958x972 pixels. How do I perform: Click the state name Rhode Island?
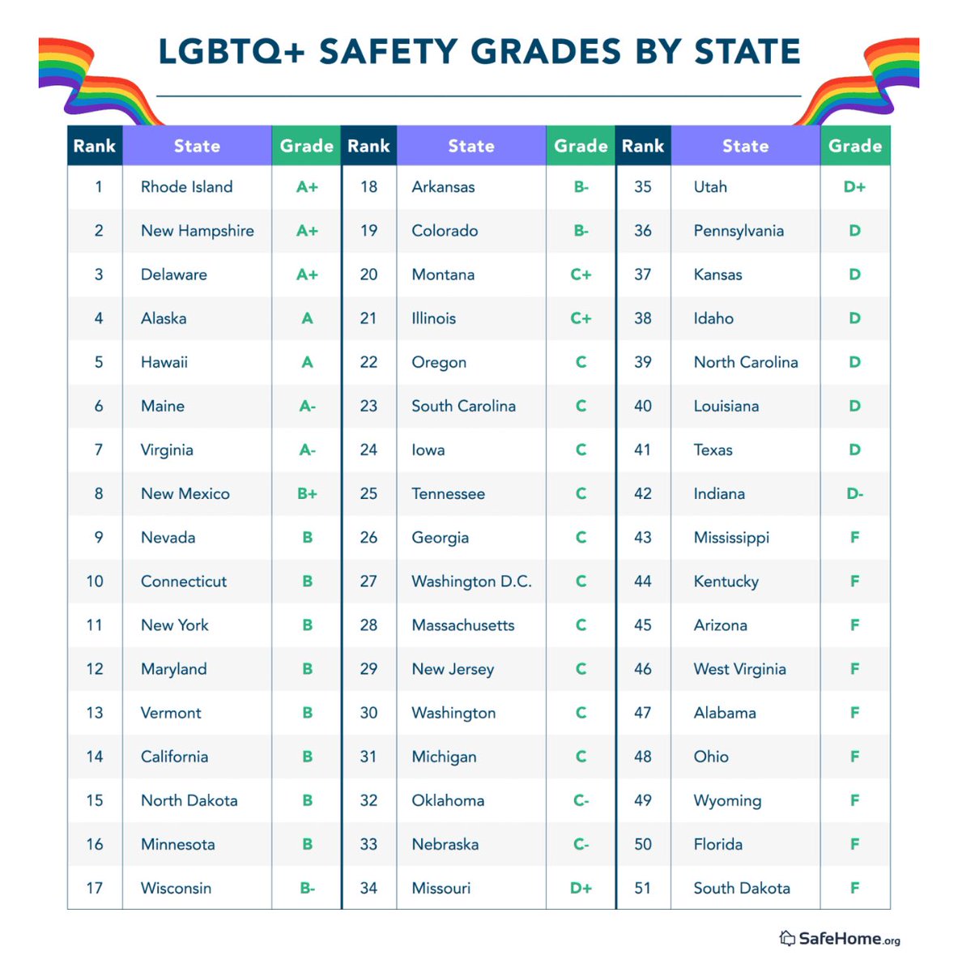point(186,187)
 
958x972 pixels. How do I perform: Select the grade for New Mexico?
point(307,493)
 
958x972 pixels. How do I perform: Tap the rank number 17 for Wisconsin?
point(95,888)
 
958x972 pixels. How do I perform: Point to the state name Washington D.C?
point(471,582)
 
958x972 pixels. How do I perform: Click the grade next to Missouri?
point(581,888)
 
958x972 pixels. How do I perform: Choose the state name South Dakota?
point(742,888)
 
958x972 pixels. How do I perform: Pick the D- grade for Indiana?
point(854,493)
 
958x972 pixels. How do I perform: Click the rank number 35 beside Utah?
point(643,187)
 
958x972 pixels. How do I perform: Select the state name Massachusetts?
point(463,625)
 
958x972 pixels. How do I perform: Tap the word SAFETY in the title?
point(389,52)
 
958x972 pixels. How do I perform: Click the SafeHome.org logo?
point(840,938)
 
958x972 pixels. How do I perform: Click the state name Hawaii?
point(164,362)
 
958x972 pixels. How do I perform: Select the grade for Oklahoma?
point(581,800)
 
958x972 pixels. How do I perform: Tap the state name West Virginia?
point(739,669)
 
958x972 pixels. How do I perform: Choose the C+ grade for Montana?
point(581,275)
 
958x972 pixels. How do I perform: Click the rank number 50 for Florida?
point(643,844)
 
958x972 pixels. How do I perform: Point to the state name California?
point(174,757)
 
